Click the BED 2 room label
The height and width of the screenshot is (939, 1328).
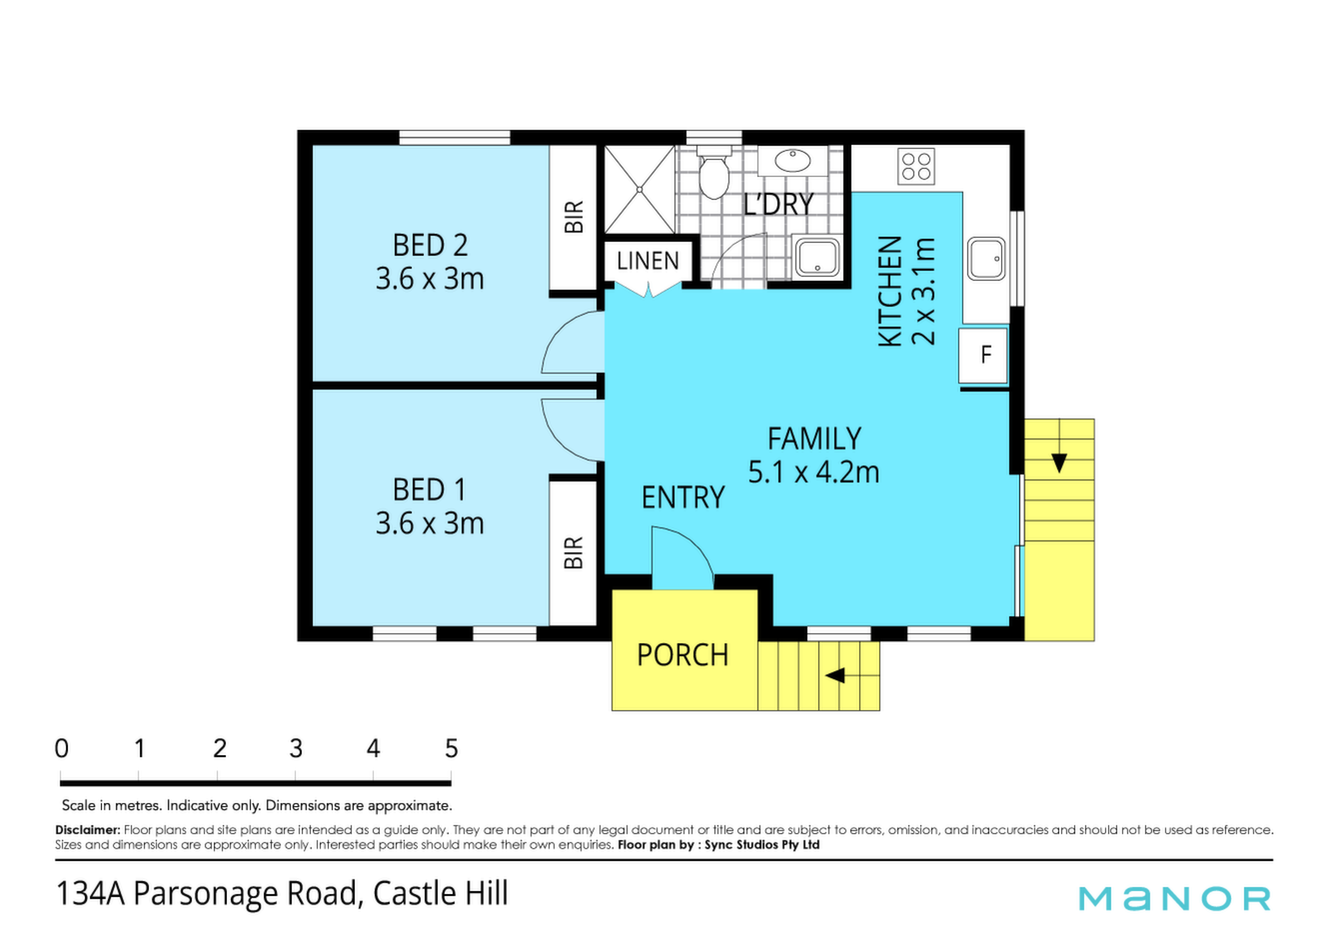[x=430, y=245]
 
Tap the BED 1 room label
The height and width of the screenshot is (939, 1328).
[x=430, y=489]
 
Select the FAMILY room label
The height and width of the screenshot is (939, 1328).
[x=814, y=439]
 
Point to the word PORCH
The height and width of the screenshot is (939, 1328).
[x=682, y=655]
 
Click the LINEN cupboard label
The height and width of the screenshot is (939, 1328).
[x=648, y=261]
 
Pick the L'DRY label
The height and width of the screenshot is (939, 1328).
[x=778, y=204]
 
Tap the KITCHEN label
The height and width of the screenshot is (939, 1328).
[x=890, y=291]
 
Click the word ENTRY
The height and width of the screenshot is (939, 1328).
[x=682, y=496]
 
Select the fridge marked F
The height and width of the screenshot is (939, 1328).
[x=983, y=356]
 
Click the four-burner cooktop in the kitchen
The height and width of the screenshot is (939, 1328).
[x=916, y=166]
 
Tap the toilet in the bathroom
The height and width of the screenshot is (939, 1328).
[x=713, y=172]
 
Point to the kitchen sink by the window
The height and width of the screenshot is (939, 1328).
[x=986, y=259]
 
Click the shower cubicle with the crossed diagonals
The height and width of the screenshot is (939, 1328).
[x=640, y=189]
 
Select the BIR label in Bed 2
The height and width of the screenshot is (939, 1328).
[x=574, y=217]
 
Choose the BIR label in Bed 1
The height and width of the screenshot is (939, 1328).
[x=574, y=553]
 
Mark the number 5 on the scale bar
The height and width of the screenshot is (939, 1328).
[x=452, y=749]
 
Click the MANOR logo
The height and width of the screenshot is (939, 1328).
[x=1174, y=898]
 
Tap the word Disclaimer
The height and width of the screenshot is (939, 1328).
[x=88, y=830]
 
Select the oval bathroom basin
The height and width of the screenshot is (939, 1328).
[x=792, y=160]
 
